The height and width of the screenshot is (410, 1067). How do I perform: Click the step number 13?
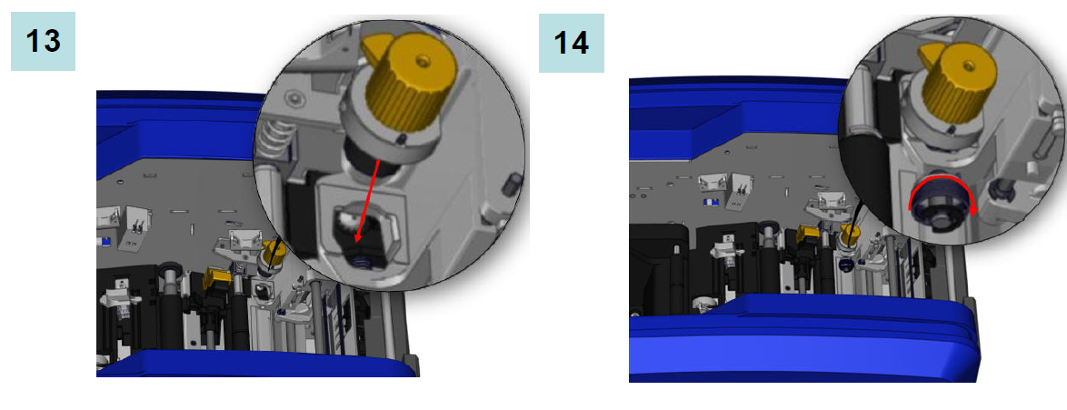43,42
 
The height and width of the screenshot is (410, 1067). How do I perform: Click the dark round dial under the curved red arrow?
942,205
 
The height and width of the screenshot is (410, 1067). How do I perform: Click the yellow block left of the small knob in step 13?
215,277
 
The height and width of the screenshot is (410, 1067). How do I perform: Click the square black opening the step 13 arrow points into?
360,228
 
